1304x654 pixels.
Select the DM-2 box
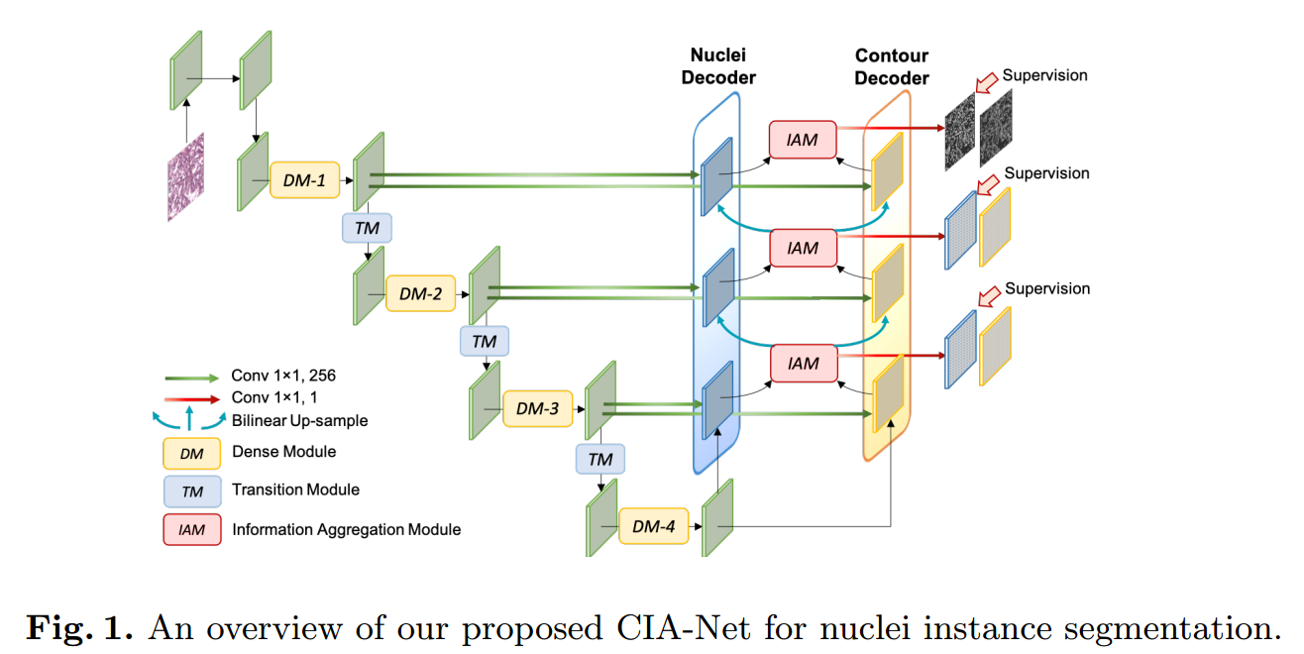click(420, 293)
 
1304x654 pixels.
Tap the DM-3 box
click(536, 408)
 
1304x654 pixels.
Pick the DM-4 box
click(653, 526)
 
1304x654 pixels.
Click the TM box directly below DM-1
click(367, 229)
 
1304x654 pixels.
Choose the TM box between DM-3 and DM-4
click(600, 459)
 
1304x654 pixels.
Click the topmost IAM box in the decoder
click(803, 140)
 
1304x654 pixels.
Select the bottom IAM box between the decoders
click(803, 364)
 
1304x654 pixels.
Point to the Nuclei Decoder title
click(718, 65)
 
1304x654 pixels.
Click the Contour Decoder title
click(892, 65)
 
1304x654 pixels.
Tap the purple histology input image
click(185, 175)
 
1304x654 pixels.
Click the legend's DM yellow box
click(191, 454)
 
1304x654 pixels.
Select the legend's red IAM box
click(191, 530)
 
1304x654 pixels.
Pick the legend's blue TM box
click(191, 491)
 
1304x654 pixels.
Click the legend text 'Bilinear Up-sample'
click(299, 420)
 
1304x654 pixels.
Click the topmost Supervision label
click(1044, 75)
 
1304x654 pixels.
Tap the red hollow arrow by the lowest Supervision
click(987, 295)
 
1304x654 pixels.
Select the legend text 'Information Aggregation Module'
click(346, 530)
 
